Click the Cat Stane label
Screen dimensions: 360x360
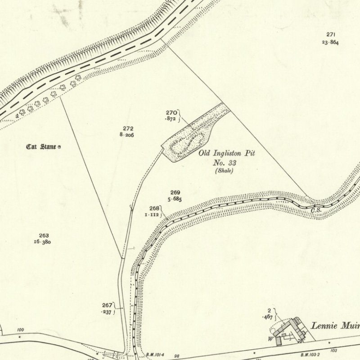(41, 147)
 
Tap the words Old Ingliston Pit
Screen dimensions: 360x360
(227, 153)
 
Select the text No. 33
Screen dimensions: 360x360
(224, 162)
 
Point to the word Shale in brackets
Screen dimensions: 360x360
(224, 171)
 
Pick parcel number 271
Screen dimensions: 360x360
(331, 35)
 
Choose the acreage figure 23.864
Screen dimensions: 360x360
(330, 42)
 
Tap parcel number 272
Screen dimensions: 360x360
(128, 128)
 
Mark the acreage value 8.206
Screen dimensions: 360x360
(126, 135)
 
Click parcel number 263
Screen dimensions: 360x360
(44, 235)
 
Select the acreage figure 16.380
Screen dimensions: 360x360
(42, 242)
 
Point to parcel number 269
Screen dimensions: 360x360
(175, 193)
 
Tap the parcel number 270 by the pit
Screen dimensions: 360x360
(171, 112)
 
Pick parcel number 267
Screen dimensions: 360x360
(107, 305)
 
